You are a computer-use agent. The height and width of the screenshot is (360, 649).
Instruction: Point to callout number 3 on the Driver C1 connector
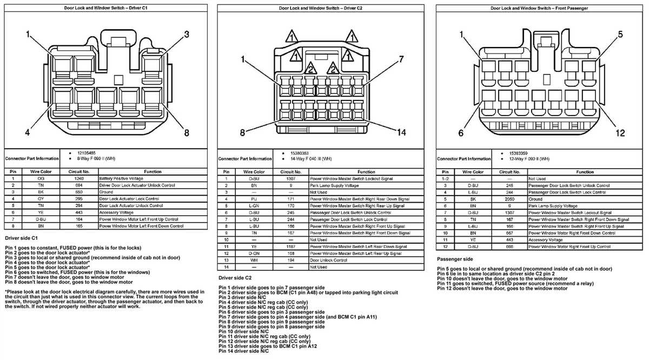click(x=187, y=35)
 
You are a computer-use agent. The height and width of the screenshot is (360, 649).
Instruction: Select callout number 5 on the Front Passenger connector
click(x=620, y=35)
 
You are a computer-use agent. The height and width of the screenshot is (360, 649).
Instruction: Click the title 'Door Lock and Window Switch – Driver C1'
click(x=106, y=8)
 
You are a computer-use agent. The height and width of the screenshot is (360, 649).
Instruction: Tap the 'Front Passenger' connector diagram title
click(x=539, y=8)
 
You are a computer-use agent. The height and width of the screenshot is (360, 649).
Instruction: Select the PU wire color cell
click(x=253, y=199)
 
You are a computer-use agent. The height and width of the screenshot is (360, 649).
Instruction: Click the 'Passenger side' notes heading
click(x=455, y=259)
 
